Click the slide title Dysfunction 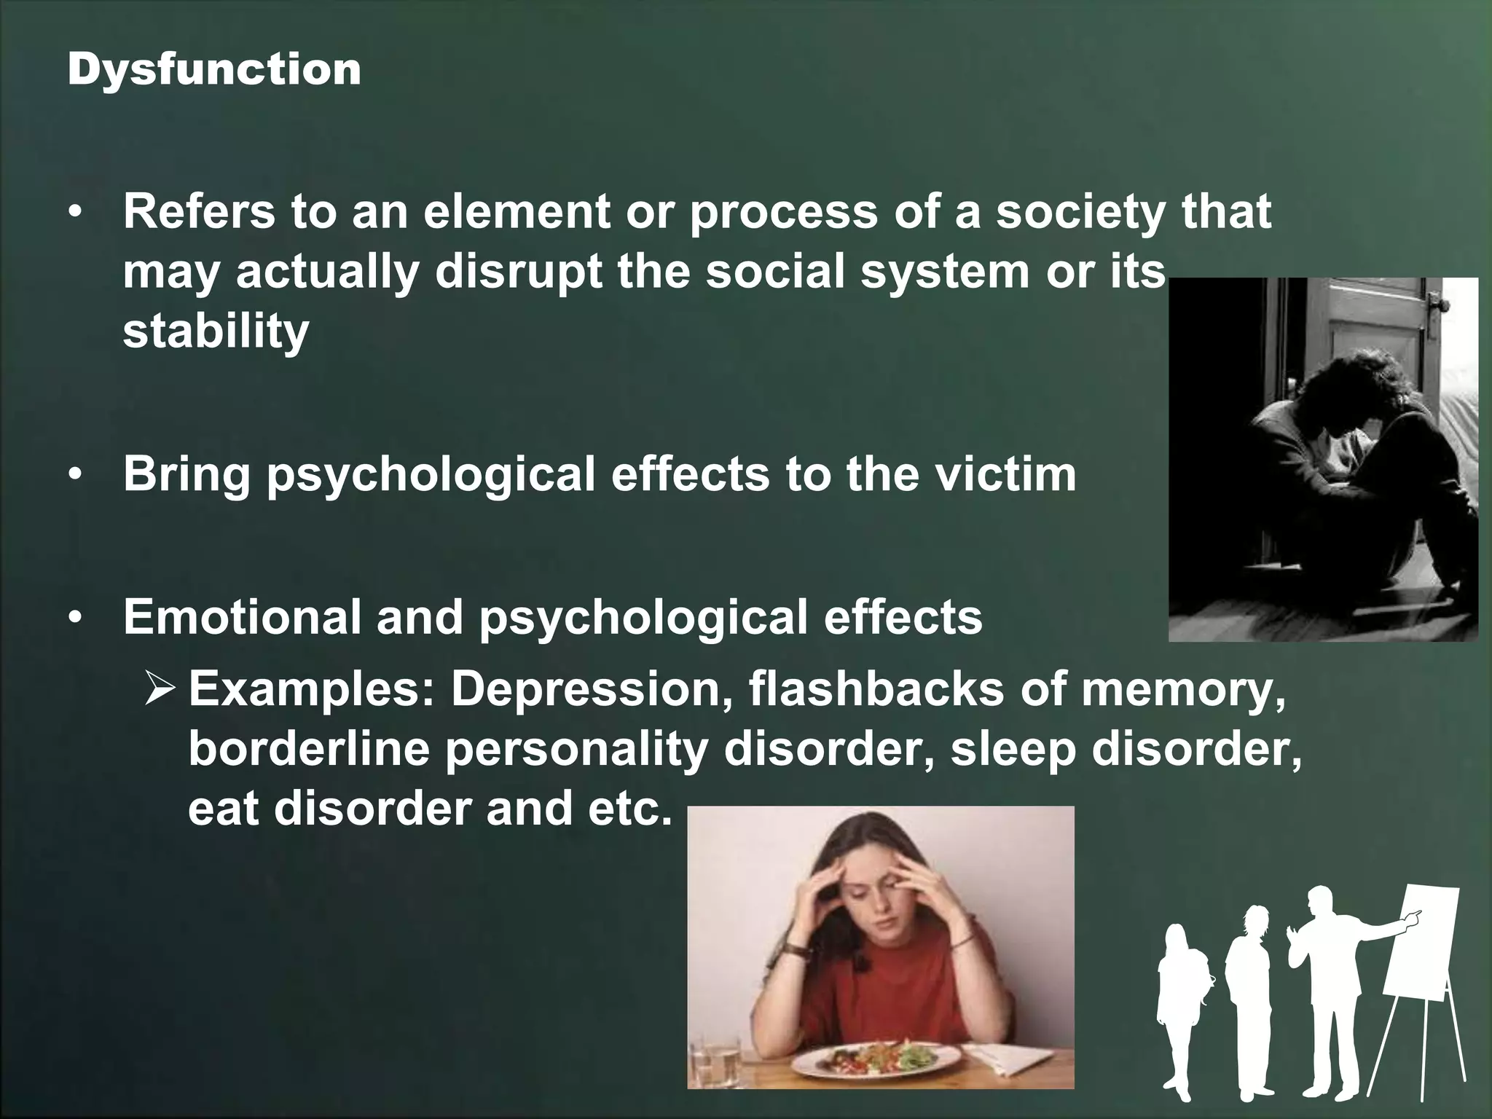[214, 71]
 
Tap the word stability [216, 331]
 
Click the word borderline [309, 749]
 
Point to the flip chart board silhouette [1421, 940]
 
